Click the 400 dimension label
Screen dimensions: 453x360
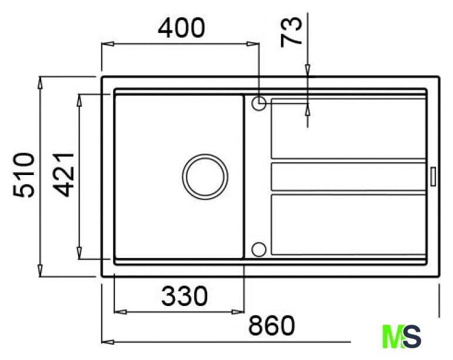(181, 28)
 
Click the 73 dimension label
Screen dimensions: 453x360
(291, 32)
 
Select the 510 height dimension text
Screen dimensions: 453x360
(23, 175)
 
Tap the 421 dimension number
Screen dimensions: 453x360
(64, 175)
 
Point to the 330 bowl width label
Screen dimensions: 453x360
(185, 296)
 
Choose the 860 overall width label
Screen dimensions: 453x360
(272, 325)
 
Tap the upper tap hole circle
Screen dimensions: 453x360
(259, 103)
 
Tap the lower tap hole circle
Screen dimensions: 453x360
(259, 249)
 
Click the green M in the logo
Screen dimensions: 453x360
(393, 337)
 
